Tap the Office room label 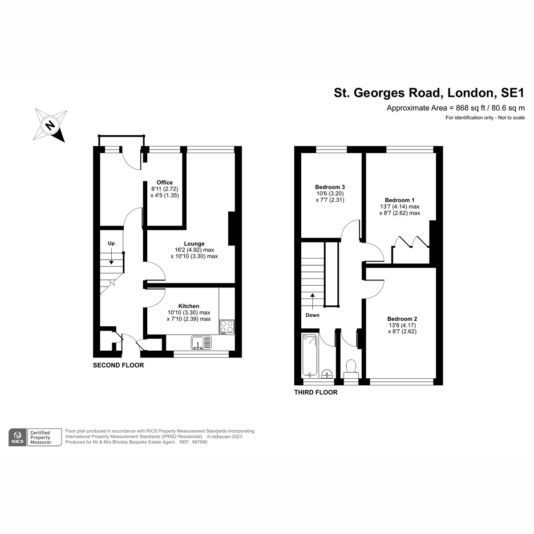165,182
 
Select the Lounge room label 194,244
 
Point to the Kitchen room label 189,306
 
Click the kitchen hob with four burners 227,327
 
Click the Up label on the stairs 111,243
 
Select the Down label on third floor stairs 312,315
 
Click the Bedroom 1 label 400,200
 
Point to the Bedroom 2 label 402,319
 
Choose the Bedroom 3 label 330,187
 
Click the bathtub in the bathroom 310,355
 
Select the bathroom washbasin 327,373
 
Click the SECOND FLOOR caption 118,365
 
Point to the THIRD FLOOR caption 316,392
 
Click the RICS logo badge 18,437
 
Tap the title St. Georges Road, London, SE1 429,93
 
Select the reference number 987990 199,442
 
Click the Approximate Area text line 456,108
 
